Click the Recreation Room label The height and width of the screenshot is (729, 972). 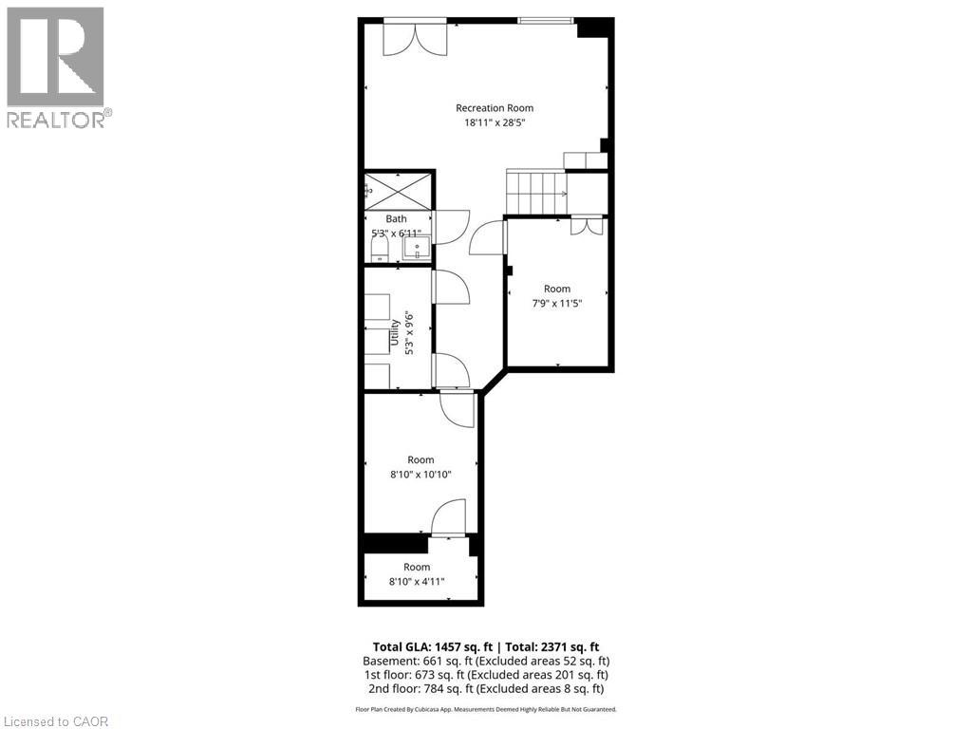click(495, 107)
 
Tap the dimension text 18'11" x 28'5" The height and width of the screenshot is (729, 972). click(495, 122)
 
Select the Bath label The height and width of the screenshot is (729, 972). click(396, 218)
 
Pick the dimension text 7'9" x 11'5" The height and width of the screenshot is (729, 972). click(557, 304)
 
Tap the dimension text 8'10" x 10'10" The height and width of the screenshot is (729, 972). click(421, 475)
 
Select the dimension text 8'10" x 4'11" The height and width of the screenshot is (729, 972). click(416, 582)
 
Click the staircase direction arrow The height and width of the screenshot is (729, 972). click(564, 194)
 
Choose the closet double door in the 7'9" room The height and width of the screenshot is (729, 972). click(587, 226)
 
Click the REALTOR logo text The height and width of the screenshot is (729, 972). click(57, 119)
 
